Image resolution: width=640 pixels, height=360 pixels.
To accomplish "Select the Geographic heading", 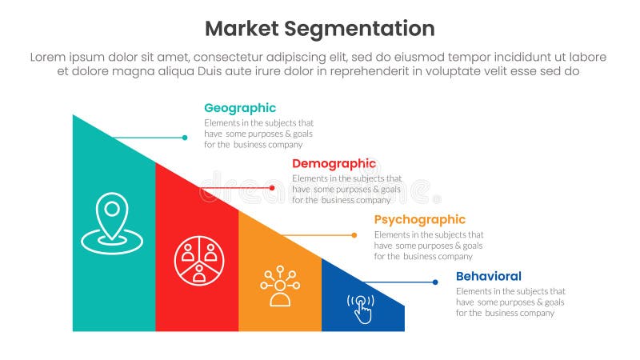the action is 240,108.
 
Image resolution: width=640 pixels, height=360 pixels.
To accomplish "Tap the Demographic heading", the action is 334,164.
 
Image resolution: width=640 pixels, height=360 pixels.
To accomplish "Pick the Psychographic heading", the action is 420,219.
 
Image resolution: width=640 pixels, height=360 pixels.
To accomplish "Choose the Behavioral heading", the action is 489,276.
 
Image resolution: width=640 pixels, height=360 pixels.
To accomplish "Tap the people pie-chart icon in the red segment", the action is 197,259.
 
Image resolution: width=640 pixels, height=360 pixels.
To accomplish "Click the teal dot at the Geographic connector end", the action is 185,138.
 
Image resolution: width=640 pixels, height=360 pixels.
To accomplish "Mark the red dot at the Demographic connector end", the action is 272,188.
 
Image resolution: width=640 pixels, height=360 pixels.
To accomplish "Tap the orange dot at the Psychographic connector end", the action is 354,235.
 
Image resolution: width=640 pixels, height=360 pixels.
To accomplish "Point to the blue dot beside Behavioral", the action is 435,282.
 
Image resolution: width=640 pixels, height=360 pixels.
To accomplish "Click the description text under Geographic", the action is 258,134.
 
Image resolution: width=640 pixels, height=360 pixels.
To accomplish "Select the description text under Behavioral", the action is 510,302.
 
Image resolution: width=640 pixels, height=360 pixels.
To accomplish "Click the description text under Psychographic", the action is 429,246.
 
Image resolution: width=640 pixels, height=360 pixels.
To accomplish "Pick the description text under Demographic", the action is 346,190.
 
